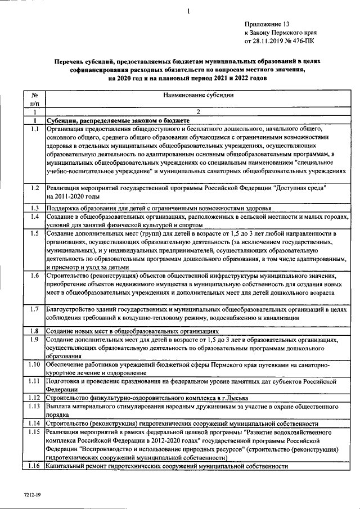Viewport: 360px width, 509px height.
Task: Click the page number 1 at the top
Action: [x=189, y=11]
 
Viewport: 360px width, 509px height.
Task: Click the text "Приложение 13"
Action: [x=267, y=24]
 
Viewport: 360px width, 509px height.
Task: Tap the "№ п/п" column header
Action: [x=34, y=100]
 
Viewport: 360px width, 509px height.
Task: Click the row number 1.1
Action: [x=34, y=129]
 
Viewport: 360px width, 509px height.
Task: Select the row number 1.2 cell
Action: [x=34, y=187]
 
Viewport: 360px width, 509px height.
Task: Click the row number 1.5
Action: [x=34, y=233]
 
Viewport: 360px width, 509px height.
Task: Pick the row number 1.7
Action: [x=34, y=309]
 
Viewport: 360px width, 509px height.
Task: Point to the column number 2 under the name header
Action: [x=198, y=112]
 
